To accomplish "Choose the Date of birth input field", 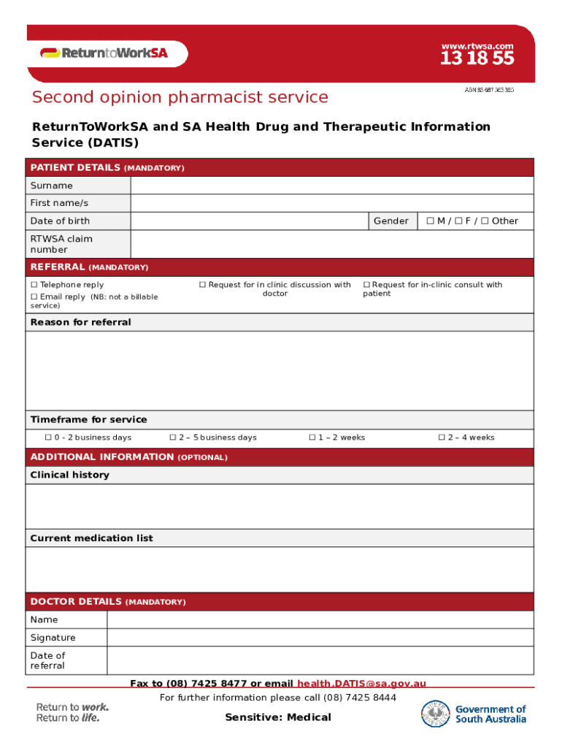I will tap(249, 221).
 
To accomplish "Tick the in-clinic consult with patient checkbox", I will tap(367, 285).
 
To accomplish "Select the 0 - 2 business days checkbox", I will tap(48, 438).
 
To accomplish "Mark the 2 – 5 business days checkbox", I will tap(173, 438).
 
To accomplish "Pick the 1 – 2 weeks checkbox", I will tap(312, 438).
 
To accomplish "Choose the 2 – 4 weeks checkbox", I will tap(442, 438).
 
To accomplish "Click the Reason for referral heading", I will tap(80, 322).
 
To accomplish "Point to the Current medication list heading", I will tap(91, 538).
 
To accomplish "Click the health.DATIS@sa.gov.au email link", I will tap(361, 684).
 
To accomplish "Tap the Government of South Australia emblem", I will tap(436, 714).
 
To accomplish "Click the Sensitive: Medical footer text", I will tap(277, 717).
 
